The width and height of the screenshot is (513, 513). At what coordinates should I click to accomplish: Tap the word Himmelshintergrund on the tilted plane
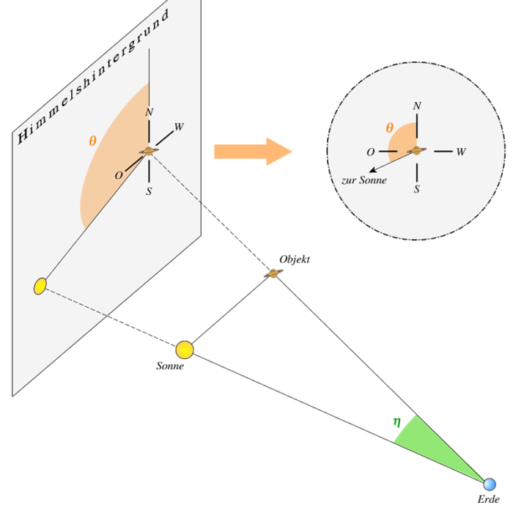93,76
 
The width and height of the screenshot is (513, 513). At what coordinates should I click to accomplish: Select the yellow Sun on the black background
185,350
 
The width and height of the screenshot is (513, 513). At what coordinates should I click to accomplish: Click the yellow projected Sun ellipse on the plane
40,286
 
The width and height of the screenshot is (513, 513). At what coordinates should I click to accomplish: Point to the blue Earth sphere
490,484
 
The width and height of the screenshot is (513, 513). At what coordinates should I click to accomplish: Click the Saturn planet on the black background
273,273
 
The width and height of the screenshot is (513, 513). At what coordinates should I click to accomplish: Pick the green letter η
396,422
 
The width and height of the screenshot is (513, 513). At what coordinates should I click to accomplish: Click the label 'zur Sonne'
364,180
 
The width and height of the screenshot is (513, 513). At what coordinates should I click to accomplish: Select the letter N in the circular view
417,106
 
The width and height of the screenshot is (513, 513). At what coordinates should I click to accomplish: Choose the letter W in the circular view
461,152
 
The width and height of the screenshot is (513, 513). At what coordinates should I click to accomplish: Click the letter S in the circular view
417,189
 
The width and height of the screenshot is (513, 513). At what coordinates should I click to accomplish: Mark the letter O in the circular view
371,152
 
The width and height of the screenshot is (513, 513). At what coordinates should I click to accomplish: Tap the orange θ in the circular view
390,128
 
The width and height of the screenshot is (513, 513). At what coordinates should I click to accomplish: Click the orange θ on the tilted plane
92,141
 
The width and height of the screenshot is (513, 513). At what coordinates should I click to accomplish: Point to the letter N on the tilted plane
150,112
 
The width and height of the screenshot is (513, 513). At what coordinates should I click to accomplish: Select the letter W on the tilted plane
179,128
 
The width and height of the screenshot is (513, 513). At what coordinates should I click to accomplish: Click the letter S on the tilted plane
149,191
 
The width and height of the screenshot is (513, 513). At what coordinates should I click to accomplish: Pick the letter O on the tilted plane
119,176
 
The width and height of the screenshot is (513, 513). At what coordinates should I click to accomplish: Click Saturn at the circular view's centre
417,151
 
